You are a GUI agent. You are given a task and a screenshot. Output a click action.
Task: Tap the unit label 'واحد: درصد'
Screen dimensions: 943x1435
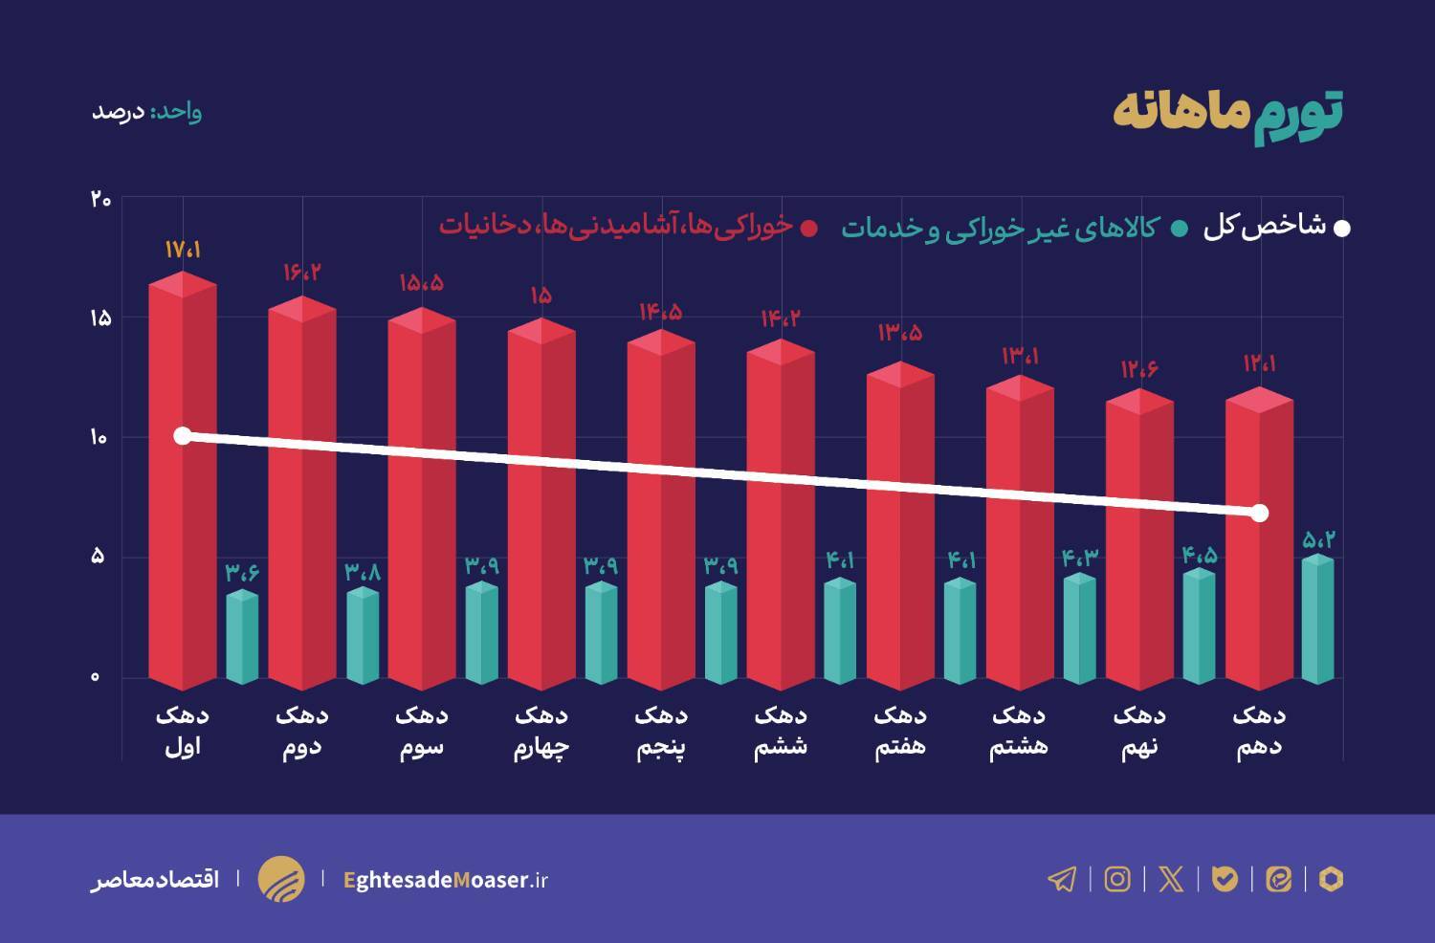[x=146, y=112]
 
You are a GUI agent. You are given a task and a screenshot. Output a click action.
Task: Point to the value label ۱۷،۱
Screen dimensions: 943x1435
[x=182, y=250]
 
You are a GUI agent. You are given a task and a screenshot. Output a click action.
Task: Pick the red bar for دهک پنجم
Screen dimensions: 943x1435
[x=661, y=516]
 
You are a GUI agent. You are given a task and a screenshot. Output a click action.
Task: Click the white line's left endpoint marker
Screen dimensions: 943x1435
[x=183, y=436]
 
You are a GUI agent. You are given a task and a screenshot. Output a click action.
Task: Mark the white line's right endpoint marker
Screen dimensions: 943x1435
[x=1260, y=514]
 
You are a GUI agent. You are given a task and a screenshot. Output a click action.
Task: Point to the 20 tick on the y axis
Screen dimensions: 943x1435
[x=100, y=200]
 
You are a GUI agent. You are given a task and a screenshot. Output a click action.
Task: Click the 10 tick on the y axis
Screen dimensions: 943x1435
[x=99, y=438]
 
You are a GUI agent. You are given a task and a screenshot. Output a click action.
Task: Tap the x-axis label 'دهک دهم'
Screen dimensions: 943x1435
[x=1259, y=732]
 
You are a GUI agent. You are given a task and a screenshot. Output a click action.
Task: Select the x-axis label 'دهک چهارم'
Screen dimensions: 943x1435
[x=541, y=732]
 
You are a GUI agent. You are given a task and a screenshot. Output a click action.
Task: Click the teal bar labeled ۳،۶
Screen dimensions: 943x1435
[x=242, y=637]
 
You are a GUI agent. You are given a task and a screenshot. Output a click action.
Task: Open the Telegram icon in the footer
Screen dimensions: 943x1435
[x=1062, y=879]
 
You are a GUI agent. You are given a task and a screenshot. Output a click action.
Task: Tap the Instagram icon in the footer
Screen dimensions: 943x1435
[x=1117, y=879]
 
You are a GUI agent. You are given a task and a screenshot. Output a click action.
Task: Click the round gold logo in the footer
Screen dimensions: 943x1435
[x=281, y=879]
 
